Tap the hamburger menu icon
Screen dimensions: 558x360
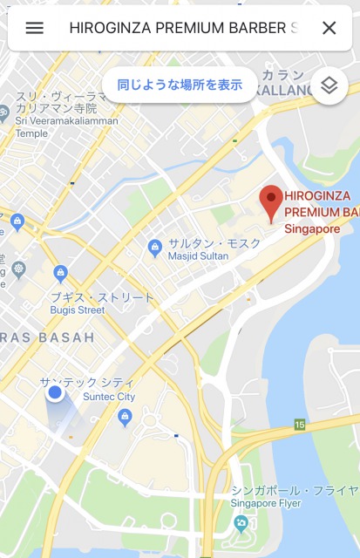35,28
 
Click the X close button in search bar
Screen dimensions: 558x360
329,28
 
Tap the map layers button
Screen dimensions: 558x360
329,85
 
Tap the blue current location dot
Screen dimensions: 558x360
55,393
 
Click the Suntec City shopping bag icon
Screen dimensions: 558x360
125,417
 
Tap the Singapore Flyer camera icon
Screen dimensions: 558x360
241,523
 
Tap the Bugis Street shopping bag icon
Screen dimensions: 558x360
60,275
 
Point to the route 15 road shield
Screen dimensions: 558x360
300,425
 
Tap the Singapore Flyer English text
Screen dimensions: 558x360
267,504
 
